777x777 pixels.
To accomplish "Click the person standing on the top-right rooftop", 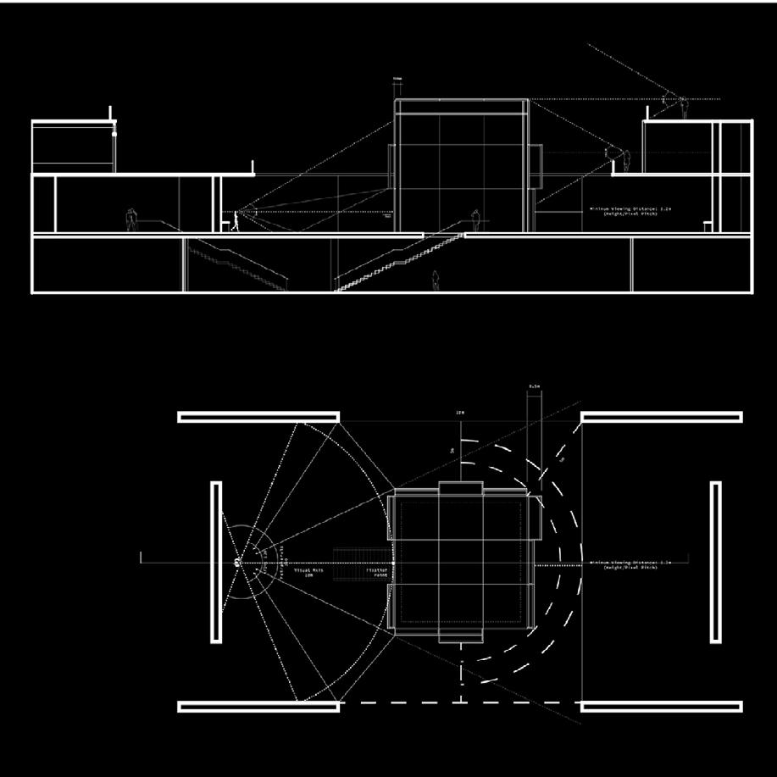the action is tap(683, 108).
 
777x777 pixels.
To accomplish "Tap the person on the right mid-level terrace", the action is tap(626, 160).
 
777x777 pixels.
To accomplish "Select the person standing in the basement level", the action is tap(436, 280).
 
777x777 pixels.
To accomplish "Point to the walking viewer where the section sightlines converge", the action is tap(236, 220).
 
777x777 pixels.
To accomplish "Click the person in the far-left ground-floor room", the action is tap(131, 219).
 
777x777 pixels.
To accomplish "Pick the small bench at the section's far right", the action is tap(707, 225).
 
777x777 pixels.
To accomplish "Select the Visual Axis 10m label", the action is tap(303, 573).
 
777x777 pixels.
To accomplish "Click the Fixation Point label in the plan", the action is tap(378, 573).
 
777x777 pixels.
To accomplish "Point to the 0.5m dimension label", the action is tap(534, 387).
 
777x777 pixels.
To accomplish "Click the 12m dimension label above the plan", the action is tap(460, 413).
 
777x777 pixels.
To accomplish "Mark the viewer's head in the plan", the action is tap(237, 561).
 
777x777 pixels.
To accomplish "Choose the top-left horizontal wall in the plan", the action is tap(258, 417).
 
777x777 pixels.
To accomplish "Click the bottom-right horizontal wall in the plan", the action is tap(662, 706).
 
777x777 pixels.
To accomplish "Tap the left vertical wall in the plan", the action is tap(216, 562).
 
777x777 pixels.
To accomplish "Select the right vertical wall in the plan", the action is tap(715, 562).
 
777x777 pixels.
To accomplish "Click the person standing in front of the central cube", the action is tap(475, 219).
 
